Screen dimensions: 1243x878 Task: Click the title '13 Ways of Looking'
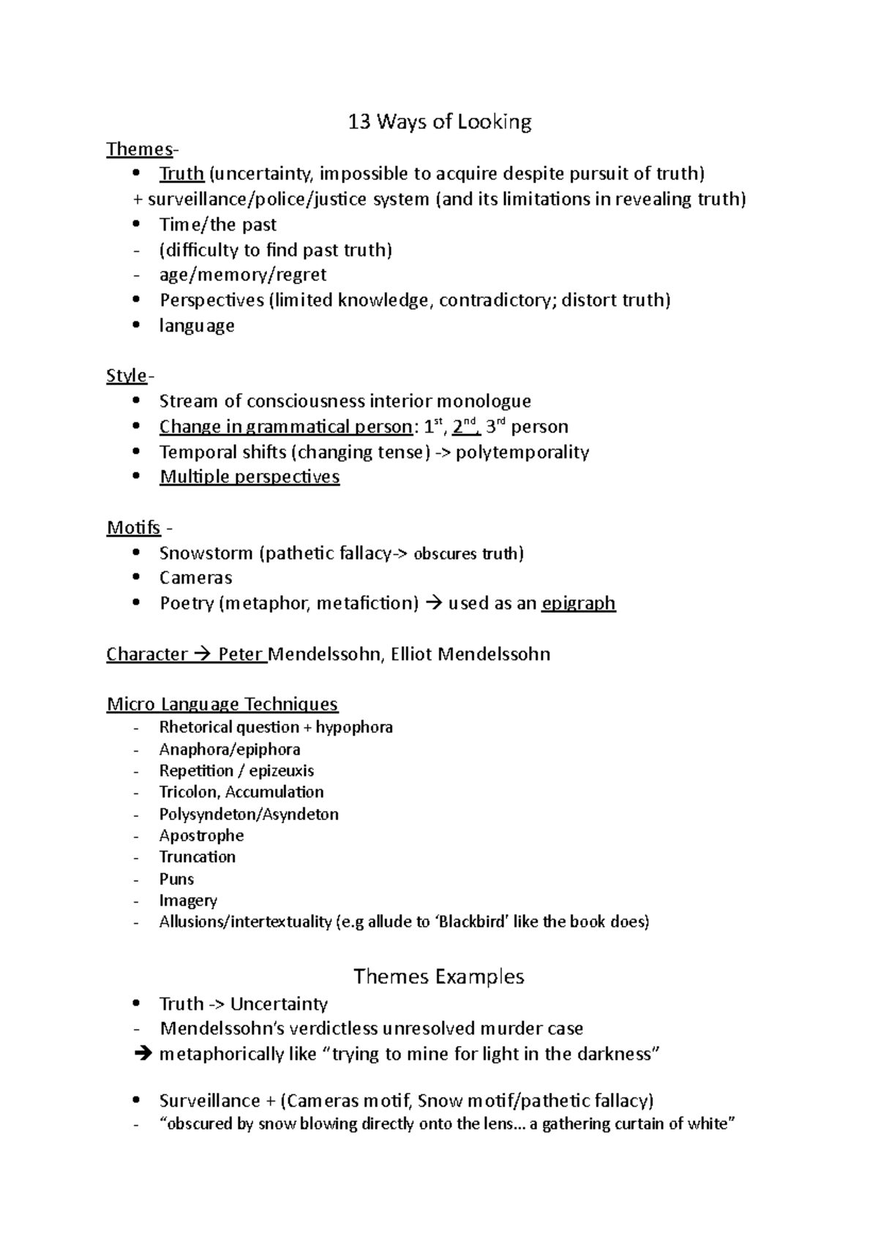click(439, 122)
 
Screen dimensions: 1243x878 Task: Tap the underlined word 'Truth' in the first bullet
click(181, 174)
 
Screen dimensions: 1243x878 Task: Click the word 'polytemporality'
click(522, 452)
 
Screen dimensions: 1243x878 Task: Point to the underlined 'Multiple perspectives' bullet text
click(249, 477)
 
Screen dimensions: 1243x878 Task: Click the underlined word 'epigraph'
click(578, 604)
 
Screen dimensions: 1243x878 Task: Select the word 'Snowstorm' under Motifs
click(206, 553)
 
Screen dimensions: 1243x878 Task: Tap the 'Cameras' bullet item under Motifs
click(195, 578)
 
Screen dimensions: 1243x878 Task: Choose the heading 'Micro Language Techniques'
click(222, 704)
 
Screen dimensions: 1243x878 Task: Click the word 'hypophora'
click(354, 728)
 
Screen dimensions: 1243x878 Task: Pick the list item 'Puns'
click(176, 879)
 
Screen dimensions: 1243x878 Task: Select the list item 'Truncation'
click(197, 857)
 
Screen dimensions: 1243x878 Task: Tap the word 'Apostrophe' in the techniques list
click(201, 836)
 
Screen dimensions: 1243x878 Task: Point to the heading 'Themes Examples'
click(439, 977)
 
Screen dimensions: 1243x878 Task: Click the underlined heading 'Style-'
click(130, 376)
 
